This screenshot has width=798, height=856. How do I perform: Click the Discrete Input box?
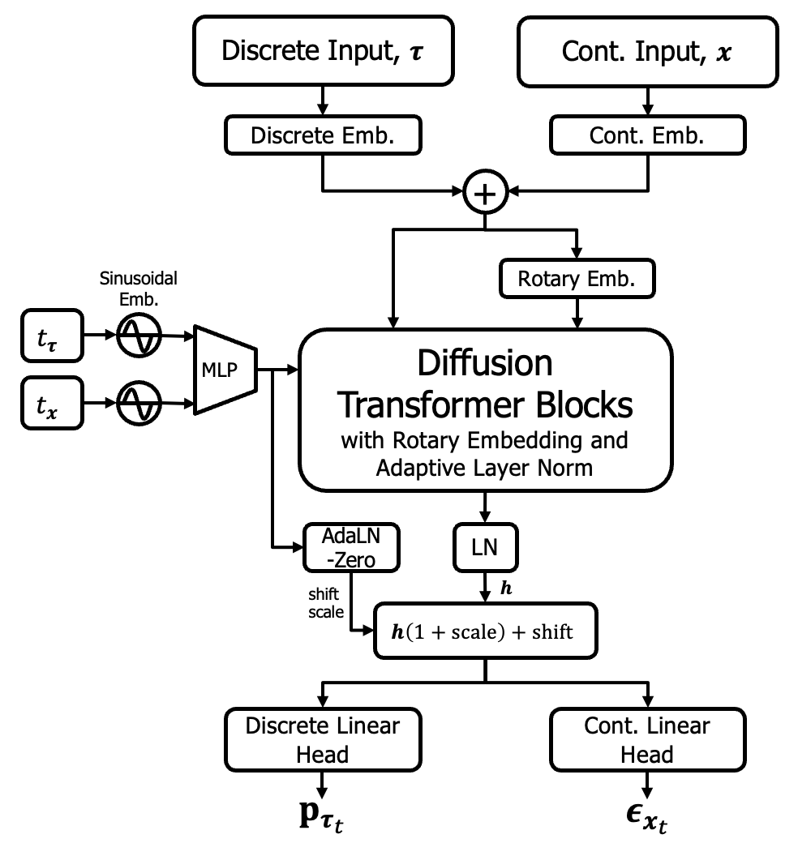click(x=322, y=52)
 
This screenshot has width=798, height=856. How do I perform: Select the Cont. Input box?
click(x=646, y=52)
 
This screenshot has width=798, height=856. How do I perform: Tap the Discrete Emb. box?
click(x=323, y=136)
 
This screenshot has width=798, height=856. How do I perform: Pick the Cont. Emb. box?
click(x=646, y=136)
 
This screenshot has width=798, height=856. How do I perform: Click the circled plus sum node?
click(x=485, y=193)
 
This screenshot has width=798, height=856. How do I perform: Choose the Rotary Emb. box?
click(x=576, y=280)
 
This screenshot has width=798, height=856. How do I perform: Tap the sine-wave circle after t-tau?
click(x=139, y=333)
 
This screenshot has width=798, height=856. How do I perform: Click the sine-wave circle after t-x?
click(x=139, y=401)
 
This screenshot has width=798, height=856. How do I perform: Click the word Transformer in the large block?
click(x=485, y=403)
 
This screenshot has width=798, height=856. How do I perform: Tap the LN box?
click(x=485, y=549)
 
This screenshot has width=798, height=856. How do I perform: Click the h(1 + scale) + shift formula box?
click(x=485, y=631)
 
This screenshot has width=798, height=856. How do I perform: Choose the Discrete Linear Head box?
click(x=323, y=740)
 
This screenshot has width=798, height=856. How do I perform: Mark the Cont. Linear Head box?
click(x=646, y=740)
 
